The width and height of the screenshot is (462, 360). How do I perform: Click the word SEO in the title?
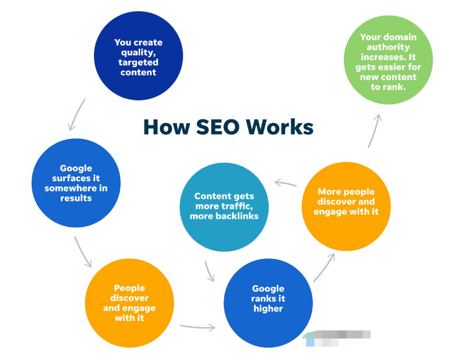218,127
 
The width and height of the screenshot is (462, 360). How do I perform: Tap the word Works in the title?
279,127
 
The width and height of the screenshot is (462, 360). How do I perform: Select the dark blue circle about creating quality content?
139,56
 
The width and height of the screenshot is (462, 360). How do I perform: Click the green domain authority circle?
388,60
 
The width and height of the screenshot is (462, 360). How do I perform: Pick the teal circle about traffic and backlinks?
224,207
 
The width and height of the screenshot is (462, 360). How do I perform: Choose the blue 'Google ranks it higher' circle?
268,303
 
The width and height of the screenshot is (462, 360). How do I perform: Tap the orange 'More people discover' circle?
346,206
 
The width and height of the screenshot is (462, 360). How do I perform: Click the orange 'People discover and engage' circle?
129,303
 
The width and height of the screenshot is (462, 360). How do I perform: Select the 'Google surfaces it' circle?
76,183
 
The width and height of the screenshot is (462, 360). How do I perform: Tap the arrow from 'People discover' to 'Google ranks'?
197,326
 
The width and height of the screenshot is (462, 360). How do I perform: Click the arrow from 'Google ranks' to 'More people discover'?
323,268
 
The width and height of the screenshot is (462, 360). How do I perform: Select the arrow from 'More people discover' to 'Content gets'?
285,183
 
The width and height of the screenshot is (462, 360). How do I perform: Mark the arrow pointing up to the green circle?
375,131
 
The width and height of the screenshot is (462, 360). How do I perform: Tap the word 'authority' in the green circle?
388,47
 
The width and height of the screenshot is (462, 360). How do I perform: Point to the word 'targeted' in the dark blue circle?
138,62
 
